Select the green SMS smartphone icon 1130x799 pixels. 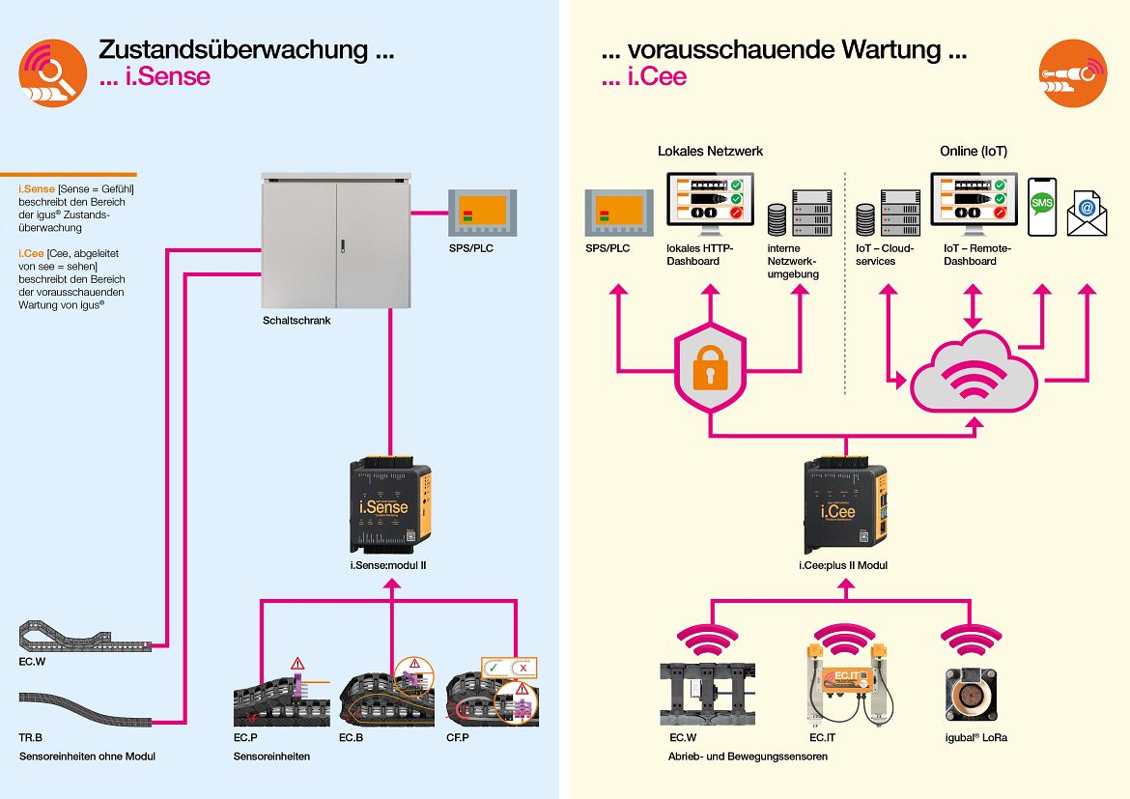(1041, 205)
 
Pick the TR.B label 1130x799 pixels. (31, 736)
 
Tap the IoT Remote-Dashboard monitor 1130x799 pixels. (973, 202)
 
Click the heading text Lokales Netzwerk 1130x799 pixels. (710, 151)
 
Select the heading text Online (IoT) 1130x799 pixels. (973, 151)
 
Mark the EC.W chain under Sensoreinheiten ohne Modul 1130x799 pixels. (82, 634)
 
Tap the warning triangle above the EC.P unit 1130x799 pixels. (297, 664)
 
